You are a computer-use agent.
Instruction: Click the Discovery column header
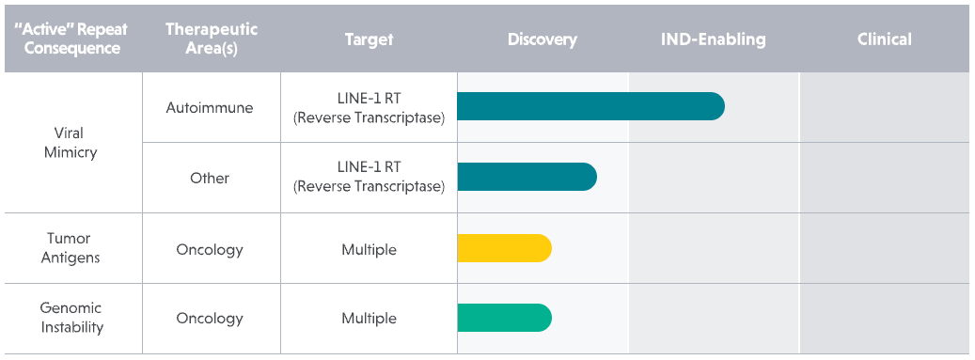point(543,39)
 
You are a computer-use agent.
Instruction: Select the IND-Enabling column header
point(713,39)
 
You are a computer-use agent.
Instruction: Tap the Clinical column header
point(884,39)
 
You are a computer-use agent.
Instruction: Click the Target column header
point(369,39)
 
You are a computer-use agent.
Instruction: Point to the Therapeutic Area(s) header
point(212,39)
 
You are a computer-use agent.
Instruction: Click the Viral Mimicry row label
point(71,142)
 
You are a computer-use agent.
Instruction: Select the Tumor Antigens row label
point(71,248)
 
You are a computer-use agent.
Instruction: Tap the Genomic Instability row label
point(71,318)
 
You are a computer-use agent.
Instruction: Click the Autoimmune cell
point(210,107)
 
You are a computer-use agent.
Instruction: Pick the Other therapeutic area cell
point(210,178)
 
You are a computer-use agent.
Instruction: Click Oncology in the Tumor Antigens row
point(210,249)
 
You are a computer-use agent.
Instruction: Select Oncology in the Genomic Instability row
point(210,319)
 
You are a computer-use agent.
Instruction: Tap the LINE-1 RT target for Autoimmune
point(369,107)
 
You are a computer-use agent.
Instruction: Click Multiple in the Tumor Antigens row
point(369,249)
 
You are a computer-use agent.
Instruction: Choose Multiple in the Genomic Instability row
point(369,319)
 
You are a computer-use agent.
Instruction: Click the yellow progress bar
point(504,248)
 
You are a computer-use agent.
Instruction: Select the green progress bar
point(504,318)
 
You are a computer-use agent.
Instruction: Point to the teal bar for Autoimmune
point(590,106)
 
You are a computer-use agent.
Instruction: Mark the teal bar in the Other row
point(527,178)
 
